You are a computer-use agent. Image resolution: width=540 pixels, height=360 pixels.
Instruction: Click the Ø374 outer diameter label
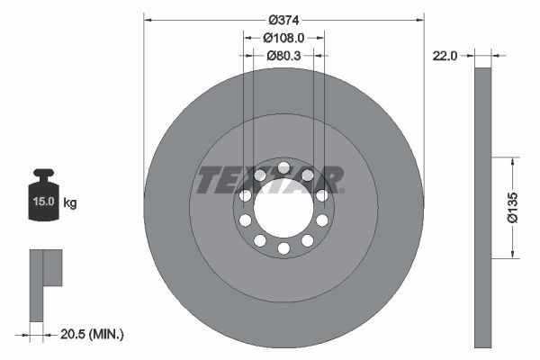[283, 19]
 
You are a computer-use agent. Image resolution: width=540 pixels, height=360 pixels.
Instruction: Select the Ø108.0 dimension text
[283, 38]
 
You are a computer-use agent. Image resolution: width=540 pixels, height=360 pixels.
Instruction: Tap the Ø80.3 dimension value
[283, 55]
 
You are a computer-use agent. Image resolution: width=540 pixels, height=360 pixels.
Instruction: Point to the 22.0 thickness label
[445, 55]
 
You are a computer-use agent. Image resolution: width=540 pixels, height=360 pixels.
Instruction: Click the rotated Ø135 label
[510, 206]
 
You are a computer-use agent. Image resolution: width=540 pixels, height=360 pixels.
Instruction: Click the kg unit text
[70, 202]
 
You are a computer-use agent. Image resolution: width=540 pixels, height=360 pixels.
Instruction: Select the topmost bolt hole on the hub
[283, 167]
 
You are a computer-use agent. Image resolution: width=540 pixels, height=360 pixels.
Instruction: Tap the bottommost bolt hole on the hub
[283, 247]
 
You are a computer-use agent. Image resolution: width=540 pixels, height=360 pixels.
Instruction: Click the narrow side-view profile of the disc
[483, 207]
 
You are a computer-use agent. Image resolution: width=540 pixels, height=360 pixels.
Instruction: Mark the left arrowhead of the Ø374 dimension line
[148, 19]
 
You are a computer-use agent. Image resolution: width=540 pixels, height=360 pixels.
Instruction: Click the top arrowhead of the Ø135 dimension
[512, 160]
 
